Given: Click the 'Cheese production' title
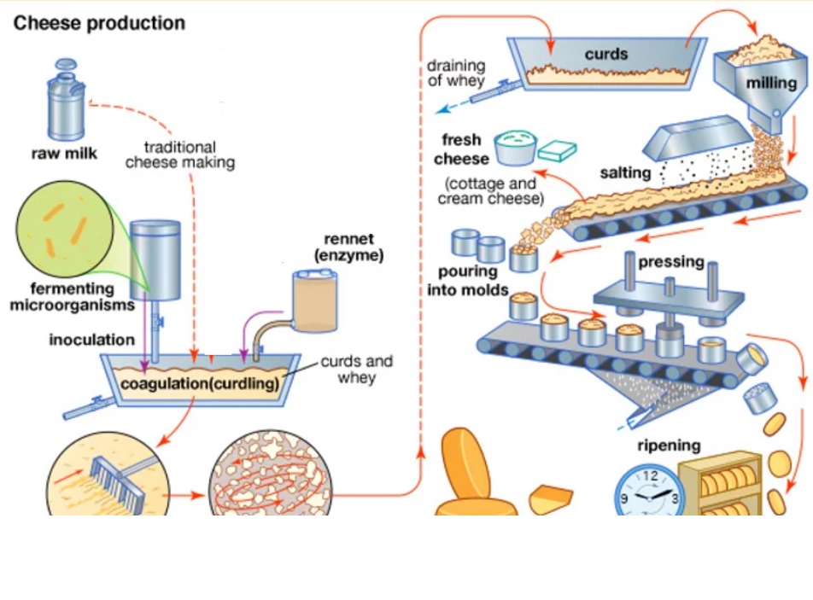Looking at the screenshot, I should pos(99,24).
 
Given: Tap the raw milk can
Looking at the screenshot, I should pos(65,108).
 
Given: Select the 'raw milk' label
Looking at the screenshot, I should pos(65,154).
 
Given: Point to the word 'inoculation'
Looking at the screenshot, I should pos(91,340).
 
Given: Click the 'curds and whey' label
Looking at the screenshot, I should pos(356,369).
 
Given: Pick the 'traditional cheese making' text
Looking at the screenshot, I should pos(179,154).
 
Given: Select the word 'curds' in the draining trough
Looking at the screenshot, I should pos(605,55).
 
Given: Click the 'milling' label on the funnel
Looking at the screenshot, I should pos(771,83).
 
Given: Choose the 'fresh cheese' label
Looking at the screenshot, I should pos(462,149).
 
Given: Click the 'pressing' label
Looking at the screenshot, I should pos(670,261).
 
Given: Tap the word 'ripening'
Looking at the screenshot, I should pos(669,445).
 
